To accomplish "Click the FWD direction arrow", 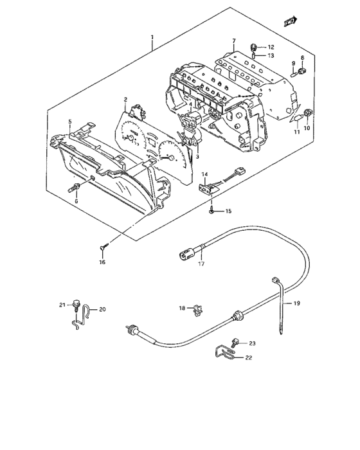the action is (x=291, y=21).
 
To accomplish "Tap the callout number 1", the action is (x=152, y=37).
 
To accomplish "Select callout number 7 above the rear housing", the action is (x=234, y=41).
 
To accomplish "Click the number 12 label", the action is (x=271, y=48).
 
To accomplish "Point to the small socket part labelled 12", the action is (x=253, y=47).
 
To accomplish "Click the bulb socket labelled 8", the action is (x=302, y=70).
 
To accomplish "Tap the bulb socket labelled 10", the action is (x=307, y=113).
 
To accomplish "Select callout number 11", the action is (x=297, y=132).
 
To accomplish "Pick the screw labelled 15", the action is (x=212, y=211).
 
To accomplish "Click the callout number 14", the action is (x=204, y=174).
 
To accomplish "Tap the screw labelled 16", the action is (x=104, y=246).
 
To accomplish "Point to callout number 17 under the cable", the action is (x=201, y=264).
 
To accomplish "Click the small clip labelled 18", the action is (x=198, y=310).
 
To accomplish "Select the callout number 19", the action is (x=297, y=303).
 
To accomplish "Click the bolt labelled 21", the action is (x=76, y=305).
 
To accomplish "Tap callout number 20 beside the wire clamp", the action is (x=102, y=309).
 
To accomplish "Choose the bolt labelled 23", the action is (x=234, y=342).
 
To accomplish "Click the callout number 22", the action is (x=249, y=357).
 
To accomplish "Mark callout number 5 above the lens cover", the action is (x=70, y=122).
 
